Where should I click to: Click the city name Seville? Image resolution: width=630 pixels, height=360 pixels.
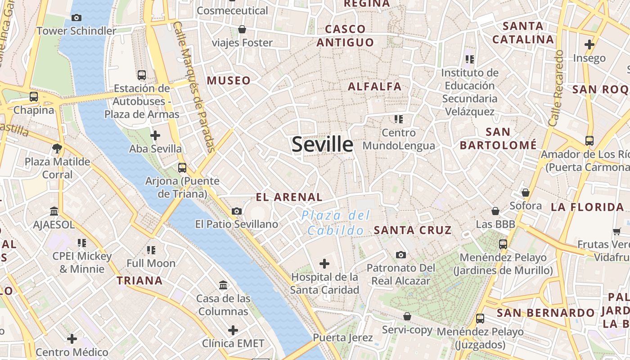[x=322, y=144]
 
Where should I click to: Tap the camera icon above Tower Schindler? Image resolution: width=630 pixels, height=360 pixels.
[x=76, y=18]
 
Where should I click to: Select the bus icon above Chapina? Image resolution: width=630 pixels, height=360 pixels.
[x=34, y=97]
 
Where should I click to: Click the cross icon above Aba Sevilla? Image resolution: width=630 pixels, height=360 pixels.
[x=155, y=135]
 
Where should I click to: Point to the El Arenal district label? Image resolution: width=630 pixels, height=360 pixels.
[x=289, y=197]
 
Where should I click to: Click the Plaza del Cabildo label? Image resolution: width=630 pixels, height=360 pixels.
[x=335, y=223]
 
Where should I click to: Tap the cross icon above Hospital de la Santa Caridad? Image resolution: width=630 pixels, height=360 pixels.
[x=324, y=263]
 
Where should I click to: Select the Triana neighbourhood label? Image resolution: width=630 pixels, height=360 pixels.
[x=139, y=281]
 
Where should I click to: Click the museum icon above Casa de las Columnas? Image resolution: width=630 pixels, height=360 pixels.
[x=223, y=285]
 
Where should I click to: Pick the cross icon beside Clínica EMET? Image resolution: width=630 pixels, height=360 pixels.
[x=233, y=330]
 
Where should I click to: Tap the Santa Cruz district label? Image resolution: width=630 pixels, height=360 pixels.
[x=412, y=230]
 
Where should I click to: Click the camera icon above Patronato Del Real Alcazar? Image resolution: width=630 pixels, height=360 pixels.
[x=400, y=255]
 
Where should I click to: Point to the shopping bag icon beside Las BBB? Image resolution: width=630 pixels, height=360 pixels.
[x=495, y=211]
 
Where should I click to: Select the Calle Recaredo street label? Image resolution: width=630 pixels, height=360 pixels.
[x=556, y=88]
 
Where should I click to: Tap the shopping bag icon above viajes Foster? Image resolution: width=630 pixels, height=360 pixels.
[x=242, y=29]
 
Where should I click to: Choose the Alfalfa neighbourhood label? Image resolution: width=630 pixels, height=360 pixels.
[x=374, y=86]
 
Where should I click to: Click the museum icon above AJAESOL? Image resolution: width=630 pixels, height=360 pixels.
[x=54, y=211]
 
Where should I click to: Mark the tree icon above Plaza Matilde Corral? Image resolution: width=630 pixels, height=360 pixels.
[x=57, y=148]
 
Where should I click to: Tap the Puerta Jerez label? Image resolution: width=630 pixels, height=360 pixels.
[x=343, y=337]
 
